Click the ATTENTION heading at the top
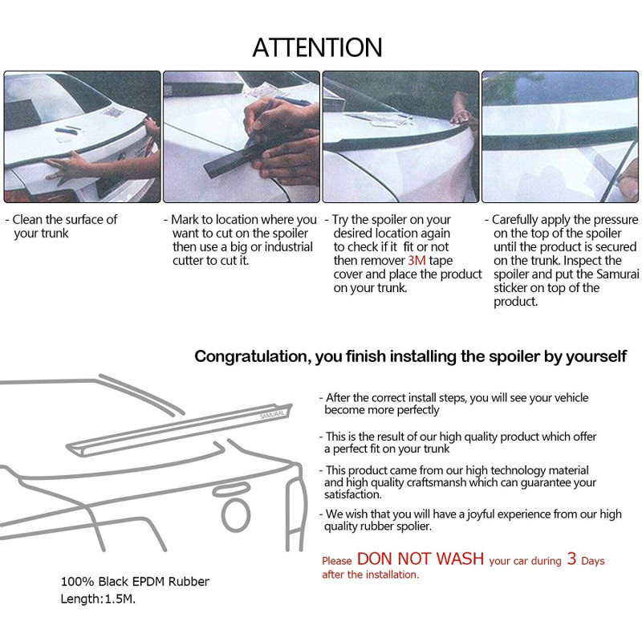317,47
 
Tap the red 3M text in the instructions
416,260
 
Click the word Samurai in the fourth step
617,274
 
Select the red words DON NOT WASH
421,559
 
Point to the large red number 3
571,559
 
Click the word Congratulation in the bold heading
250,356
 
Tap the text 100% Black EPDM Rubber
135,581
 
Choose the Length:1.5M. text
98,599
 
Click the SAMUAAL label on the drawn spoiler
272,415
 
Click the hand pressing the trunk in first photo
71,166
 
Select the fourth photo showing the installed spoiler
560,136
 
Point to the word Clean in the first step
27,219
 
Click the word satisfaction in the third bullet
353,494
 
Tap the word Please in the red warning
337,561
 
